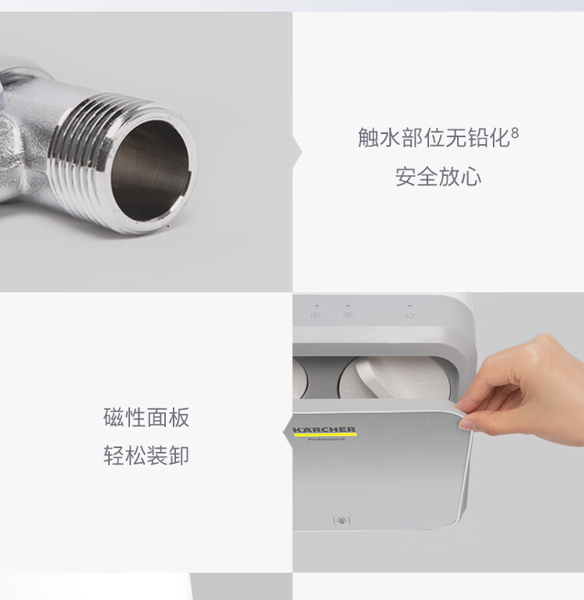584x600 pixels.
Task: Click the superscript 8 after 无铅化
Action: pos(515,132)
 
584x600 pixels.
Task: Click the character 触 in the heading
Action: pos(368,137)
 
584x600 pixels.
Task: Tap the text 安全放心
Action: pos(438,176)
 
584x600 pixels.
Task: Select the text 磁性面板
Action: pos(146,417)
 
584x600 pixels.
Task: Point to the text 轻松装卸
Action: pos(146,455)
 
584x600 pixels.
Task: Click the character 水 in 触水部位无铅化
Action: pos(390,137)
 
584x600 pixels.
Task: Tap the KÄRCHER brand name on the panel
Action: pos(325,429)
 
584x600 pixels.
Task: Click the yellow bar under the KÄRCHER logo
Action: pos(325,435)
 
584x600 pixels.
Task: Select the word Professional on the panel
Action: pos(326,439)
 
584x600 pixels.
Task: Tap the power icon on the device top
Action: pos(410,316)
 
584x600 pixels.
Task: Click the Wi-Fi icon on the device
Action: pos(347,315)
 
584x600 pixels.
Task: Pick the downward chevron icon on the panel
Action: pos(342,521)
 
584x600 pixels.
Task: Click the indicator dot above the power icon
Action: pos(410,305)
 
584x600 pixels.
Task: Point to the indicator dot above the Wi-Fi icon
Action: pos(347,305)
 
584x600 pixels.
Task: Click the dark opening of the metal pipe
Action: pos(151,171)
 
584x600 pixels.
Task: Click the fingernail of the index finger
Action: pos(466,423)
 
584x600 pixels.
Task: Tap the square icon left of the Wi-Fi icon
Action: pos(315,315)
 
